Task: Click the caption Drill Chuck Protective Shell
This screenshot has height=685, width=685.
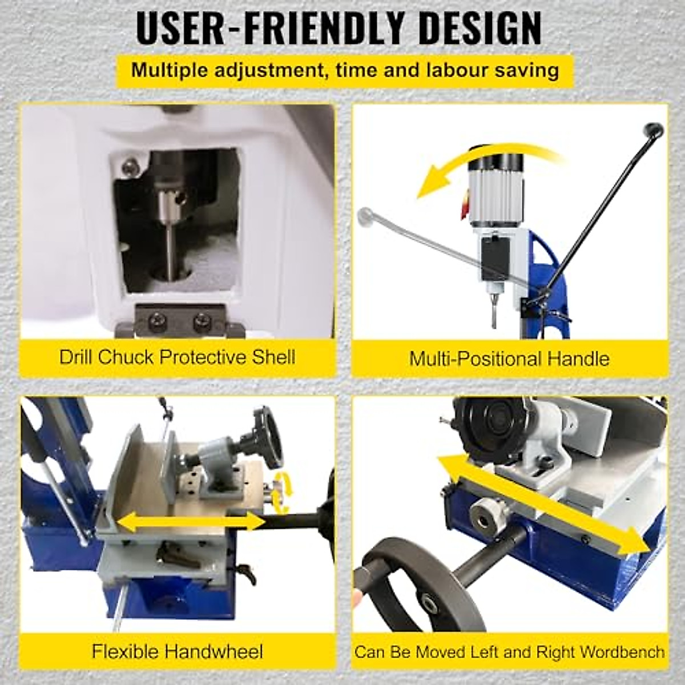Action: pos(177,357)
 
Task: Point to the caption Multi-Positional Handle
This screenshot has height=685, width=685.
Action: pos(509,358)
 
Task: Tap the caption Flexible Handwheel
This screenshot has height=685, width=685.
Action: pos(178,651)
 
